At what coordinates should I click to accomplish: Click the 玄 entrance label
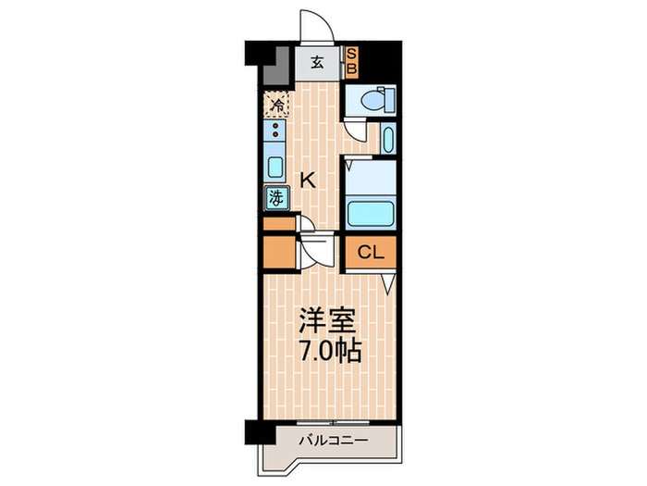coord(317,63)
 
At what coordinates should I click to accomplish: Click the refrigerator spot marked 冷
coord(276,105)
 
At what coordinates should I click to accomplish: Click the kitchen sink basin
coord(275,168)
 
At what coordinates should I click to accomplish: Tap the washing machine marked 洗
coord(276,197)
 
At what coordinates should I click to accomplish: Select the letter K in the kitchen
coord(308,181)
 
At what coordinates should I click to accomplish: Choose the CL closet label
coord(371,252)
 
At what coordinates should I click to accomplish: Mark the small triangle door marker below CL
coord(389,282)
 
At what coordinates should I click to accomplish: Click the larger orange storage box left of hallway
coord(276,252)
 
